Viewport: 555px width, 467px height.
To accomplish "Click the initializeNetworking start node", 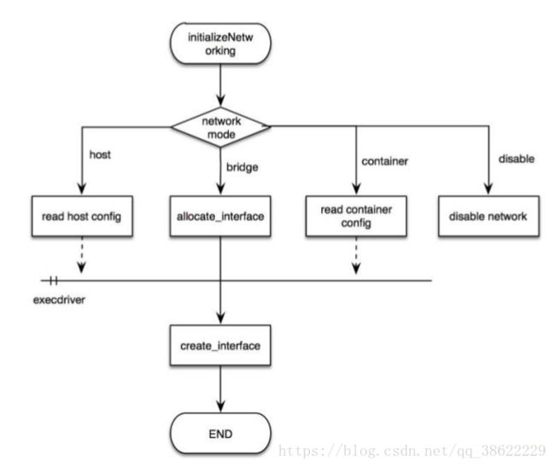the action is tap(220, 44).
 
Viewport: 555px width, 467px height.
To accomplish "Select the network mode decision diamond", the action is tap(220, 127).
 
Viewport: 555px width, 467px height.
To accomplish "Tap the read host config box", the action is tap(82, 216).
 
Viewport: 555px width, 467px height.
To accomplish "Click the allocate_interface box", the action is tap(220, 216).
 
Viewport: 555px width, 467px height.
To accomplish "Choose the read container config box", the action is tap(356, 216).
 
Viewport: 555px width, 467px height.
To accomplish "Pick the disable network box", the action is tap(488, 216).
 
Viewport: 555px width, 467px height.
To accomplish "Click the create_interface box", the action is tap(220, 345).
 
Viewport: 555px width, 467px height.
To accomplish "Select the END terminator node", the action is tap(220, 434).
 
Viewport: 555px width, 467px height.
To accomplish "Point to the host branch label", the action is tap(100, 155).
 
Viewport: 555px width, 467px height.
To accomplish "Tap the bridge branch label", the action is tap(242, 167).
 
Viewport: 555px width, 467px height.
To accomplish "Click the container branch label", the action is tap(385, 161).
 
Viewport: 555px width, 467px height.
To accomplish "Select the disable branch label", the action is tap(517, 159).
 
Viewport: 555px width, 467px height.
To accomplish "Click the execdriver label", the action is tap(59, 300).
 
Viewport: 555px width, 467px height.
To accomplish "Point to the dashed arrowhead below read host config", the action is tap(82, 267).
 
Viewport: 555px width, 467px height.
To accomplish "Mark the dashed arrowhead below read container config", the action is tap(356, 268).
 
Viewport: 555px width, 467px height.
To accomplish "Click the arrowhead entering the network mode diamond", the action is tap(220, 100).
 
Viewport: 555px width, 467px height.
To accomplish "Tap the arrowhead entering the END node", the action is tap(220, 406).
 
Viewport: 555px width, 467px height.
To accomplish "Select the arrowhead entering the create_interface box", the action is tap(220, 318).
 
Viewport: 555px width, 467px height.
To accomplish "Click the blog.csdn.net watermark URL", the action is tap(412, 451).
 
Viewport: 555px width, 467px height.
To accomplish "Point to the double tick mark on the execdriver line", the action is tap(53, 281).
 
